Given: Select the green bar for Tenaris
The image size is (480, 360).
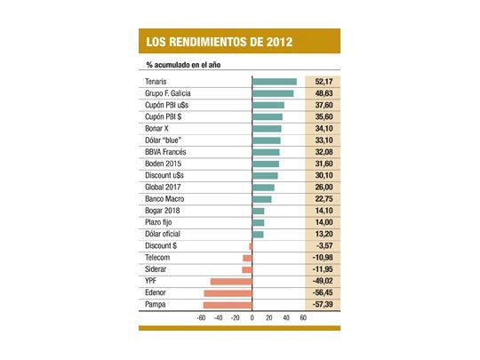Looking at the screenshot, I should pos(275,82).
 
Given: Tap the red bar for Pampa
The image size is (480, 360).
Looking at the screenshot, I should pos(228,305).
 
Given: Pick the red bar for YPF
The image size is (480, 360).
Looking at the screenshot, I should pos(231,282).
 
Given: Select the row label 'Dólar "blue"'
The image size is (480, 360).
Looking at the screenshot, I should pos(164,140).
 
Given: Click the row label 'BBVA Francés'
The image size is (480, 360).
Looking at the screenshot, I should pos(165,152).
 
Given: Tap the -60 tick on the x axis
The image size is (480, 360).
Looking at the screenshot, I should pos(202,316).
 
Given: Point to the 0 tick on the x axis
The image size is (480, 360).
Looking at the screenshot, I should pos(252,316).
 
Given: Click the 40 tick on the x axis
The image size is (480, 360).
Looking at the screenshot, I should pos(286,316).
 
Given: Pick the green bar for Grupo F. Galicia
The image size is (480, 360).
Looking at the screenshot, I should pos(273,93).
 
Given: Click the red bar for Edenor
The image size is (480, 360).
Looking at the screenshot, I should pos(228,293).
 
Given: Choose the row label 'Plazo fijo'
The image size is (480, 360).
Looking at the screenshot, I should pos(161,222).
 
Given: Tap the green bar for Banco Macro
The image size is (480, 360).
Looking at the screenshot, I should pos(262,199).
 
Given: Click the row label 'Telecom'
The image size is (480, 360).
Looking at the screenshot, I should pos(157,258).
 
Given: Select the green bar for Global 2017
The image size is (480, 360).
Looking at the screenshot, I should pos(263,188).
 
